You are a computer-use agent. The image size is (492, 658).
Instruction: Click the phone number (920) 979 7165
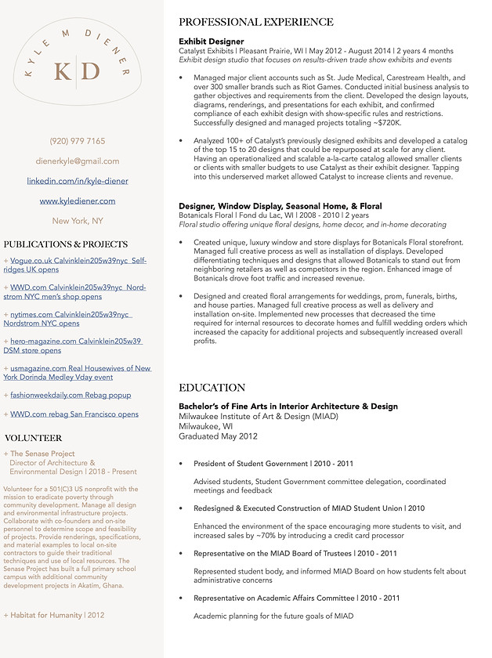(77, 141)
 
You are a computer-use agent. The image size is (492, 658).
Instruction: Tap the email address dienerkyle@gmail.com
(77, 161)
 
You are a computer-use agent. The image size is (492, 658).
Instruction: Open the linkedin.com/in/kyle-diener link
(77, 181)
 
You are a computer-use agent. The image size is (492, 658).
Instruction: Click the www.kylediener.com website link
(77, 201)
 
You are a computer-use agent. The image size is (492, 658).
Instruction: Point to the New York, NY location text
(77, 221)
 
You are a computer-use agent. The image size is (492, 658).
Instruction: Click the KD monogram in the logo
(77, 72)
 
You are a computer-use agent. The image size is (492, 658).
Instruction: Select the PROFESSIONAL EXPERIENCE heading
(255, 22)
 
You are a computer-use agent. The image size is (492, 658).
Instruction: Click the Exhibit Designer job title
(211, 42)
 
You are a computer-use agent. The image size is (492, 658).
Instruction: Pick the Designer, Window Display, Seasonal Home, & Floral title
(280, 206)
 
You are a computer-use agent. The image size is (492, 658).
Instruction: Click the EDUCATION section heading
(212, 388)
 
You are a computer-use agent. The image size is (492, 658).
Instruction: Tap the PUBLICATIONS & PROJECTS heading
(65, 244)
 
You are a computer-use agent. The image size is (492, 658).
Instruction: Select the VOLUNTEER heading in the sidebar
(33, 438)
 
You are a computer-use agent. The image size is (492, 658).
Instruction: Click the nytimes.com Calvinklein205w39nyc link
(71, 319)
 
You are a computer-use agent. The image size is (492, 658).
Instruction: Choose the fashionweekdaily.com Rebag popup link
(71, 395)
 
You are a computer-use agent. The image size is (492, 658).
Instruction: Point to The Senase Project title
(42, 454)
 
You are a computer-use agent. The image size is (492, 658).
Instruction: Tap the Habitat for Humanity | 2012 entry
(54, 615)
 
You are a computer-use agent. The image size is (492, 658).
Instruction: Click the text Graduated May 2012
(218, 436)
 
